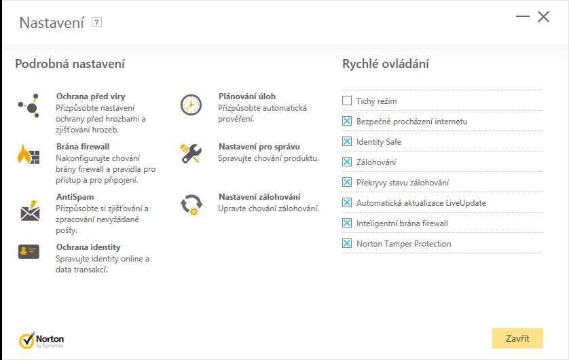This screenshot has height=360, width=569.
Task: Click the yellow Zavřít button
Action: pyautogui.click(x=517, y=338)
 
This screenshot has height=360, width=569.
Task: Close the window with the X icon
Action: pyautogui.click(x=543, y=17)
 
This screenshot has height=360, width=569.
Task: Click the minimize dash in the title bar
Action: pyautogui.click(x=522, y=17)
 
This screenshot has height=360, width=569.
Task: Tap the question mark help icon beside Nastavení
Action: pyautogui.click(x=96, y=22)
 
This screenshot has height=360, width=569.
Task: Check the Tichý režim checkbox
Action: pyautogui.click(x=347, y=101)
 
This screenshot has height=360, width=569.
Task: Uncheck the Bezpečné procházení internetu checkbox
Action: pyautogui.click(x=347, y=122)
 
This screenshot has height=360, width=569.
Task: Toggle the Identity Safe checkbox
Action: pyautogui.click(x=347, y=142)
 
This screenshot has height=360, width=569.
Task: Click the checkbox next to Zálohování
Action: pyautogui.click(x=347, y=162)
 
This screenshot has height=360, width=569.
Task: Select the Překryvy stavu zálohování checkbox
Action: pyautogui.click(x=347, y=183)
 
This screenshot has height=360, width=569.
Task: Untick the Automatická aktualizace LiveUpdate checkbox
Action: pyautogui.click(x=347, y=203)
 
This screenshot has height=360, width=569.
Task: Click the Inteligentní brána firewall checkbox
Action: pyautogui.click(x=347, y=223)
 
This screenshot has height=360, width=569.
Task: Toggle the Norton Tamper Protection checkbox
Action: pyautogui.click(x=347, y=244)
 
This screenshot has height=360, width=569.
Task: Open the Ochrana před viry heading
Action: pyautogui.click(x=90, y=96)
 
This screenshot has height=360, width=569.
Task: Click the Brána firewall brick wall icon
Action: pyautogui.click(x=29, y=155)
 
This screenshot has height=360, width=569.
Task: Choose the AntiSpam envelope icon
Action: pyautogui.click(x=29, y=211)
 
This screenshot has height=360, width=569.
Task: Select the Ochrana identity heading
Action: pyautogui.click(x=88, y=247)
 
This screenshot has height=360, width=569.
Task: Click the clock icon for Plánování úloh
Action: pyautogui.click(x=191, y=105)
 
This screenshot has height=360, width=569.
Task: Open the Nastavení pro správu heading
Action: pyautogui.click(x=259, y=146)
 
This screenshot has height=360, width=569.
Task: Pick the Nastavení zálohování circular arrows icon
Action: pyautogui.click(x=191, y=204)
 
